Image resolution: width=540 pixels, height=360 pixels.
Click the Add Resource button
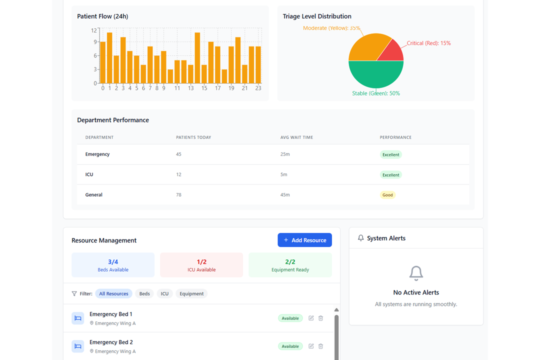point(304,240)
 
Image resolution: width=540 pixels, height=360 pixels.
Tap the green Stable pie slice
point(376,75)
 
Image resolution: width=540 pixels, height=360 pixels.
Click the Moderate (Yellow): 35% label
point(331,28)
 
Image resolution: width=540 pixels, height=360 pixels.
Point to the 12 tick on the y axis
point(93,30)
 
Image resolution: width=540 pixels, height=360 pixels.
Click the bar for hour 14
point(197,58)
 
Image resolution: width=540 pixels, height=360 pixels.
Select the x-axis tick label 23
point(258,88)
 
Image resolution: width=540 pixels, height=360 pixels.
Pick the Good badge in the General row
point(387,195)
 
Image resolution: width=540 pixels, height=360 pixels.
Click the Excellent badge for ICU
point(390,175)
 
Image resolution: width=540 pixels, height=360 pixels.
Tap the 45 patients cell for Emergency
point(179,154)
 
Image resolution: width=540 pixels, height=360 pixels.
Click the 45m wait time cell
point(285,195)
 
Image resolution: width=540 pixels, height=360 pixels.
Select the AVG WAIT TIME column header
point(296,137)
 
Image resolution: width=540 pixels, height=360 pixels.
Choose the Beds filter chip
point(144,294)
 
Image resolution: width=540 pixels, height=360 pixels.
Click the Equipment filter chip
point(191,294)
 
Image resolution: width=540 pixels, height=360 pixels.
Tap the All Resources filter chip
point(113,294)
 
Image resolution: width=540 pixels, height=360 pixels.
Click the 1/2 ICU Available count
point(201,261)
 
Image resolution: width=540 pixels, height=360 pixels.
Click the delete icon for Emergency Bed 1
point(321,318)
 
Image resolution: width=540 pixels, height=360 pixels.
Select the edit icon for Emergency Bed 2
point(311,346)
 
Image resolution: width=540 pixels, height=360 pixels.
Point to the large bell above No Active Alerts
point(416,273)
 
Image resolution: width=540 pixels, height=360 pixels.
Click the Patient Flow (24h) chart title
point(102,16)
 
